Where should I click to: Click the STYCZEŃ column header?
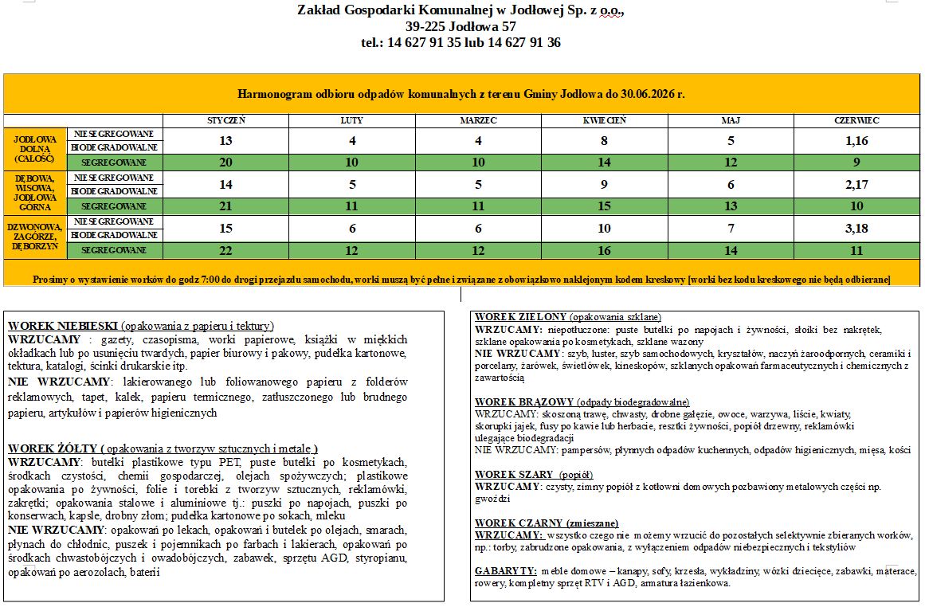225,120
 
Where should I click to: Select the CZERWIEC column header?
856,120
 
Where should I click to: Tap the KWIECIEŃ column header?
605,120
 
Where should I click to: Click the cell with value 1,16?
856,141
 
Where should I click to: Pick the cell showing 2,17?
856,184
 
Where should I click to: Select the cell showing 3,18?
856,229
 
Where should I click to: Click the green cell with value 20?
225,162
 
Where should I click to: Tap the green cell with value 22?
225,250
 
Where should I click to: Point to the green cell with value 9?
856,162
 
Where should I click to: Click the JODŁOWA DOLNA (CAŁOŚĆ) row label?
35,148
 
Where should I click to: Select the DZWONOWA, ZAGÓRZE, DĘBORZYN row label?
35,237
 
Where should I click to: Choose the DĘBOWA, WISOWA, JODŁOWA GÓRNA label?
35,192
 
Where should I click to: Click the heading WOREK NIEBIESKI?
63,326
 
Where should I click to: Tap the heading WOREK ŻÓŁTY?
53,448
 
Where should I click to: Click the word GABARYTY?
505,571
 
